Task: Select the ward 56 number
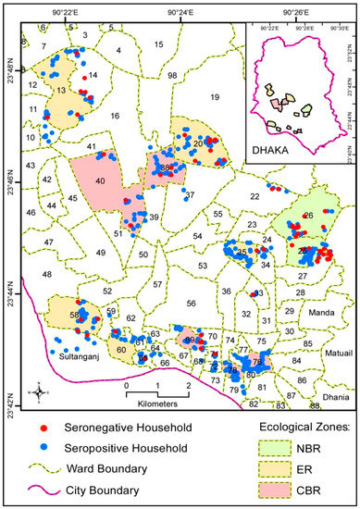[191, 303]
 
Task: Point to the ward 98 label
[172, 75]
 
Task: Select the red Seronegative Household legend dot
[43, 428]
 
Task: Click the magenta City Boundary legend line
[43, 490]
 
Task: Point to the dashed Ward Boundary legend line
[43, 469]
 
